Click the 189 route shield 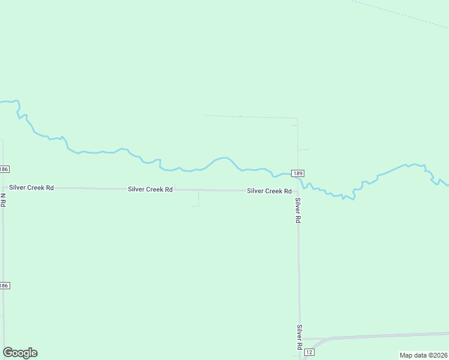click(x=298, y=173)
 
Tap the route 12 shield click(x=309, y=351)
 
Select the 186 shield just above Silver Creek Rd click(x=4, y=169)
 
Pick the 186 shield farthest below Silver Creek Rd click(x=4, y=286)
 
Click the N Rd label click(x=3, y=200)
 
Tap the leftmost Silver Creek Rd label click(x=31, y=188)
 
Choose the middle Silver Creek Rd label click(x=150, y=190)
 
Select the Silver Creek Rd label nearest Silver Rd click(x=270, y=191)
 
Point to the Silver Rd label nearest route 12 click(x=298, y=337)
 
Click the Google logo click(x=20, y=353)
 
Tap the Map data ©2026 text click(x=423, y=355)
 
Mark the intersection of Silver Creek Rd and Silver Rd click(x=298, y=191)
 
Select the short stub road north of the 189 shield click(x=304, y=149)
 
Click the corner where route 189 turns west click(x=297, y=119)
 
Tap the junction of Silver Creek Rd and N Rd click(x=4, y=188)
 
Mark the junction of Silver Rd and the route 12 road click(x=300, y=340)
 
